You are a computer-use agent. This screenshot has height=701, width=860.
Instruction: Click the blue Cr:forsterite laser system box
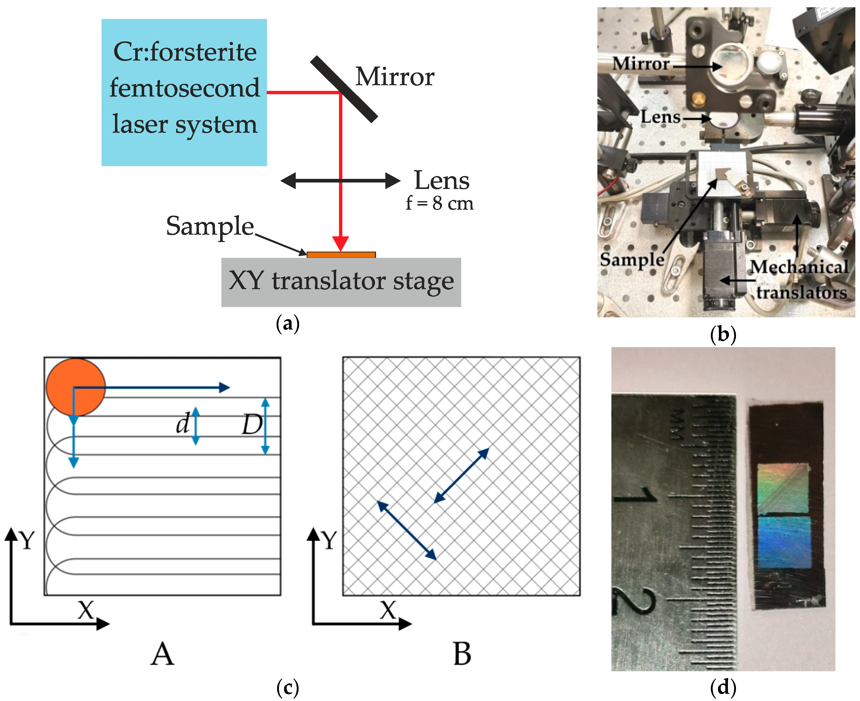pyautogui.click(x=184, y=92)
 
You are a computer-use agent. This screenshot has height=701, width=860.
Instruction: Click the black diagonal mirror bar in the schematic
pyautogui.click(x=344, y=89)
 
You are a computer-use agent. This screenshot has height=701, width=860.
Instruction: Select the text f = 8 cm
pyautogui.click(x=439, y=203)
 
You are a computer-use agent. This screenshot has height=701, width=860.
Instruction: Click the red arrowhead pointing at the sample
pyautogui.click(x=341, y=243)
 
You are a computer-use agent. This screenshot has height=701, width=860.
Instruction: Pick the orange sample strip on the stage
pyautogui.click(x=341, y=255)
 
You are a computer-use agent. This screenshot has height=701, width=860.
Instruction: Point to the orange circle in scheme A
pyautogui.click(x=76, y=387)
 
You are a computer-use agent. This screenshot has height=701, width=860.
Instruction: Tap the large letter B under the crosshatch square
pyautogui.click(x=462, y=654)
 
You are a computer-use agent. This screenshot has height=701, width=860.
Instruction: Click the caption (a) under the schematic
pyautogui.click(x=288, y=324)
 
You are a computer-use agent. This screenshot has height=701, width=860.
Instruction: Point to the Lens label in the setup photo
pyautogui.click(x=660, y=117)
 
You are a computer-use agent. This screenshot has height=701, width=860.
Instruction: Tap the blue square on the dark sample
pyautogui.click(x=784, y=542)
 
